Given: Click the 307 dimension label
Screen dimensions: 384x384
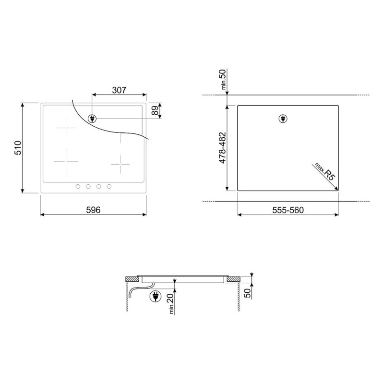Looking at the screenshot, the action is click(119, 90).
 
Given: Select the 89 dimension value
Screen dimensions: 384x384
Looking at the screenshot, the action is click(155, 111).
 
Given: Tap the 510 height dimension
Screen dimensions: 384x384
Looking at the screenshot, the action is click(18, 148).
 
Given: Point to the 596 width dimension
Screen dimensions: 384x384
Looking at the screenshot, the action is click(93, 210).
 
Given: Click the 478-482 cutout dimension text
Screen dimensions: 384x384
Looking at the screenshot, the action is click(222, 148).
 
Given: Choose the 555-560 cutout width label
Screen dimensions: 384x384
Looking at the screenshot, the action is click(288, 210).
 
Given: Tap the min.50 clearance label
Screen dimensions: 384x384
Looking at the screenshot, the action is click(223, 79).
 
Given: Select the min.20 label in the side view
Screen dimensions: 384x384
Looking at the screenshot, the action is click(171, 303).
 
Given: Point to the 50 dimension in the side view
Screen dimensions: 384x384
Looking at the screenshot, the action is click(248, 293).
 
